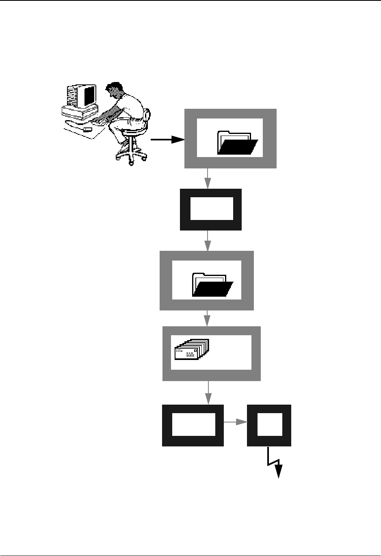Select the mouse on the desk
coord(87,129)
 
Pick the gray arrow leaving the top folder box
coord(208,178)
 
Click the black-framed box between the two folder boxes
coord(211,209)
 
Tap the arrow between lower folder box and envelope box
coord(208,318)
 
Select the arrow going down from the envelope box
coord(208,392)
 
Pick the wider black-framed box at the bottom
coord(193,425)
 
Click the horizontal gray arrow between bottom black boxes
coord(236,422)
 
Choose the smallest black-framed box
coord(269,425)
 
